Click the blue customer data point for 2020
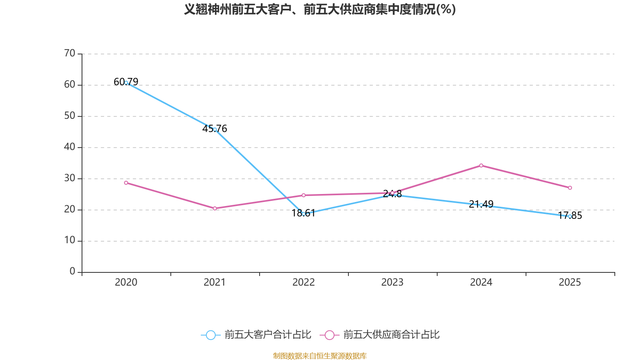(x=126, y=83)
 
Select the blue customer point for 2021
(x=215, y=130)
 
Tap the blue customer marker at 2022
(x=304, y=214)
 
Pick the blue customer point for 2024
(x=481, y=205)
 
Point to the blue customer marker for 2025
(x=570, y=216)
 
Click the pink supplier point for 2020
(x=126, y=183)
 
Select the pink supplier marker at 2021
(x=215, y=208)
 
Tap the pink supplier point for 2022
(x=304, y=195)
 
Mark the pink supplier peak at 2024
(x=481, y=165)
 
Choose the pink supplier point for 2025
(x=570, y=188)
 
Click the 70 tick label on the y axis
(x=70, y=53)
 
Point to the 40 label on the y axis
(x=70, y=147)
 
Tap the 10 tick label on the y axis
(x=70, y=240)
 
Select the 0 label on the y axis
(x=72, y=272)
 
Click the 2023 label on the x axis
(x=392, y=282)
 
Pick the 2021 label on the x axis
(x=215, y=282)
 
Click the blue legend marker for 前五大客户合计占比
(x=210, y=335)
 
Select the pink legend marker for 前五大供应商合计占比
(x=329, y=335)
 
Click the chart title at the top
(x=320, y=9)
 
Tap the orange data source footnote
(x=320, y=356)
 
